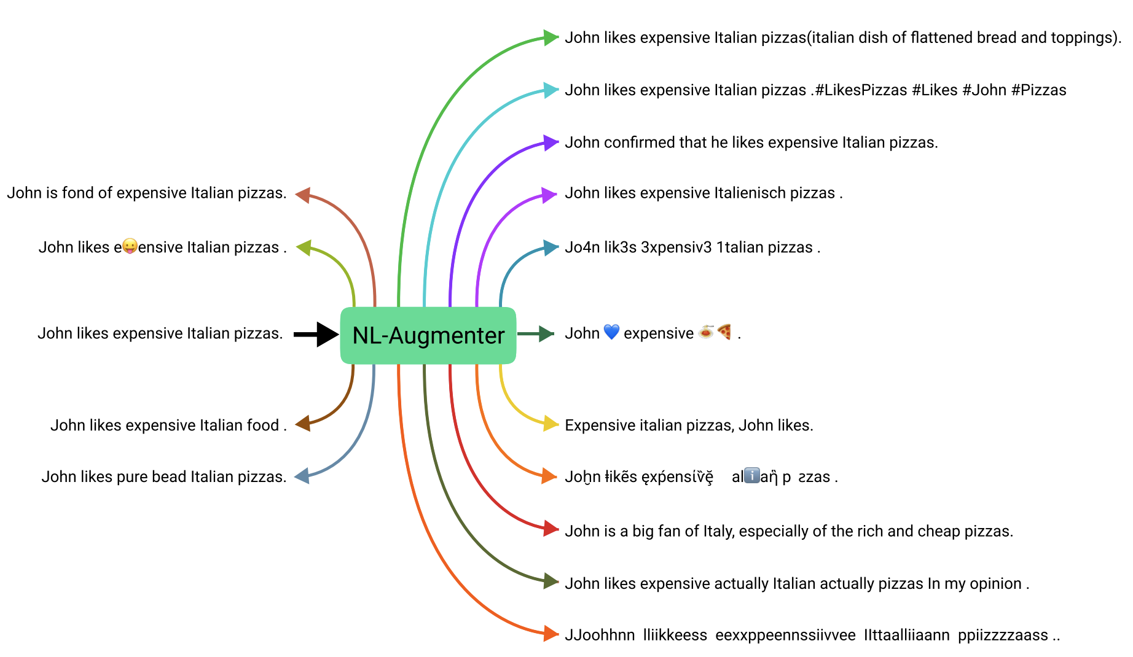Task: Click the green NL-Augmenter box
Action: coord(428,335)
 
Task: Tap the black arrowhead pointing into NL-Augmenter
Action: coord(327,334)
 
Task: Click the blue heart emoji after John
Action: coord(611,332)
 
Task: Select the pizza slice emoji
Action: coord(725,332)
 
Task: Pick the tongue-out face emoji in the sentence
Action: coord(130,246)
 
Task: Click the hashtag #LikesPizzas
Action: coord(861,90)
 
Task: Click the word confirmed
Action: coord(639,142)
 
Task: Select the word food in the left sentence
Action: coord(262,425)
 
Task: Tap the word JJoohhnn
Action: coord(600,635)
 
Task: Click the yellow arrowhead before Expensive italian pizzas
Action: coord(550,424)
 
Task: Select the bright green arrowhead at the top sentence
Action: coord(551,37)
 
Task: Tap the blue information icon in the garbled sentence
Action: coord(752,476)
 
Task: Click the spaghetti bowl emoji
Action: coord(706,332)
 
